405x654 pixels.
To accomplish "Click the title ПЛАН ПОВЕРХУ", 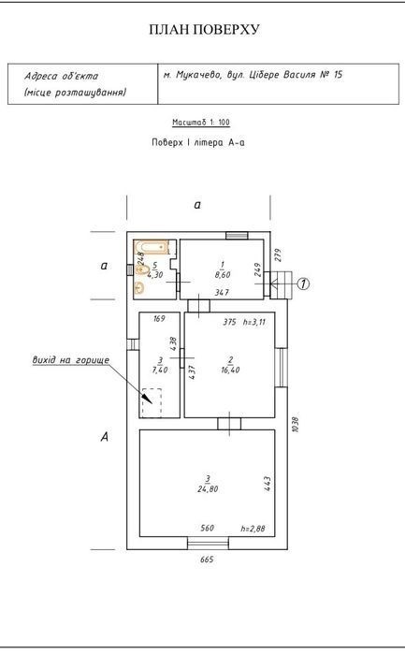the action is (x=204, y=29).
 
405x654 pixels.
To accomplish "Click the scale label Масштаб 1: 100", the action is (x=201, y=123).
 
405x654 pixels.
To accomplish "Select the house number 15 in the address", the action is (x=338, y=75).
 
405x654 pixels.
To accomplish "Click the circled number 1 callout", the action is (x=303, y=284).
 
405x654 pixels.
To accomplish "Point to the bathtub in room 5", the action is (x=152, y=247).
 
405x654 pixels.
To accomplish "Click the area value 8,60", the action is (x=223, y=275).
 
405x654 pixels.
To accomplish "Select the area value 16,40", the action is (x=230, y=370).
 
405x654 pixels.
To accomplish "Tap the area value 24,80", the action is (x=208, y=488).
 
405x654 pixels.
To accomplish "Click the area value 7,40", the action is (x=160, y=370).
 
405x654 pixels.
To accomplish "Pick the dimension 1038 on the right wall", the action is (x=296, y=424).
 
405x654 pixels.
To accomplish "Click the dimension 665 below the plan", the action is (x=207, y=560).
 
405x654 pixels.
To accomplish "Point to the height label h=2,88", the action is (x=253, y=529).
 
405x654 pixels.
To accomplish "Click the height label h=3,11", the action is (x=254, y=322).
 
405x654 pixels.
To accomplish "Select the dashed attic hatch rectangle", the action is (x=152, y=402).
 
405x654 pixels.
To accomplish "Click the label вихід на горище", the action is (x=71, y=360).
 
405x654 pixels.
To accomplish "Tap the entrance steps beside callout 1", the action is (x=282, y=284).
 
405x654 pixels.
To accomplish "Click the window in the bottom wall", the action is (x=209, y=544).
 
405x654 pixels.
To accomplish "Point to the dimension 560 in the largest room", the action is (x=208, y=528).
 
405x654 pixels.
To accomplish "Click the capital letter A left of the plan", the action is (x=105, y=437).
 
